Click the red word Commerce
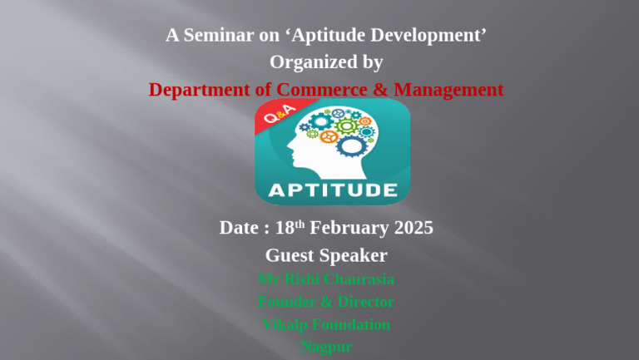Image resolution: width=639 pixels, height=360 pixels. point(314,89)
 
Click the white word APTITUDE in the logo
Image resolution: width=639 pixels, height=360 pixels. point(332,190)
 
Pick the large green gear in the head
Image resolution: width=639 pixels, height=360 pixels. point(347,126)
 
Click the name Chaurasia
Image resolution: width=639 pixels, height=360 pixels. point(353,279)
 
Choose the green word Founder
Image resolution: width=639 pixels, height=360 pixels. point(286,302)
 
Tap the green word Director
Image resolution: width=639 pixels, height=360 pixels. point(363,302)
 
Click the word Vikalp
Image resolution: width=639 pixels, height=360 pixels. point(287,324)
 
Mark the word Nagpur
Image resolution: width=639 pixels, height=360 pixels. point(326,347)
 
